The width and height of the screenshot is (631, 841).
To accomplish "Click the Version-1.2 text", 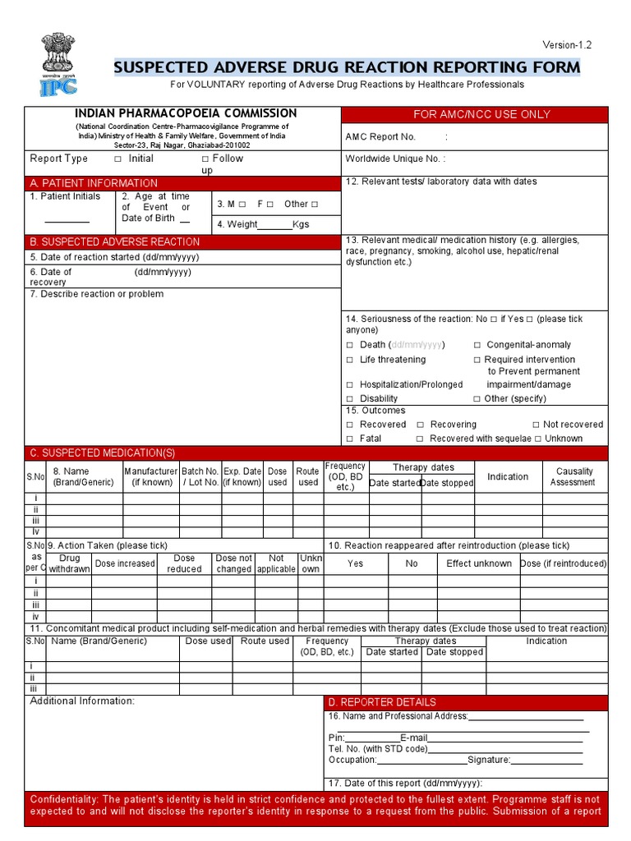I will pyautogui.click(x=566, y=44).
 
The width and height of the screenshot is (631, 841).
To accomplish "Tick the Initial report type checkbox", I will pyautogui.click(x=117, y=159).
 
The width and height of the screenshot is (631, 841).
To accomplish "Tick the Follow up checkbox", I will pyautogui.click(x=205, y=159).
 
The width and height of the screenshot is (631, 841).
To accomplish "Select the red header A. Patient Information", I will pyautogui.click(x=93, y=183).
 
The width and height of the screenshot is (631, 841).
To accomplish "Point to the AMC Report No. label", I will pyautogui.click(x=380, y=137).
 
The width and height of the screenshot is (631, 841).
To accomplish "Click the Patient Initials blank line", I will pyautogui.click(x=67, y=221).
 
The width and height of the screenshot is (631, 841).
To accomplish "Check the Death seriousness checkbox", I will pyautogui.click(x=350, y=345).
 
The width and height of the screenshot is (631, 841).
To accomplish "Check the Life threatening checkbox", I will pyautogui.click(x=350, y=360).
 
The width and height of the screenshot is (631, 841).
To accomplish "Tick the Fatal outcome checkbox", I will pyautogui.click(x=350, y=439).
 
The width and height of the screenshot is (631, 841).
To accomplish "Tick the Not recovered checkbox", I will pyautogui.click(x=536, y=425).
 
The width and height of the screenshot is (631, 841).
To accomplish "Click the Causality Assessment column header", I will pyautogui.click(x=574, y=476).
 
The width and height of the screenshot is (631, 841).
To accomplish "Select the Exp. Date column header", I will pyautogui.click(x=242, y=476).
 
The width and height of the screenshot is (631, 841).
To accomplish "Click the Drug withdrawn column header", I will pyautogui.click(x=70, y=563).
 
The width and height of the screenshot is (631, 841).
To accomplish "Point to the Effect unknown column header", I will pyautogui.click(x=478, y=563).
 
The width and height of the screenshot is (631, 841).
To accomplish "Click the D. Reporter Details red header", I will pyautogui.click(x=382, y=702).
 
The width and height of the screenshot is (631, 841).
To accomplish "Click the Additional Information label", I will pyautogui.click(x=82, y=701).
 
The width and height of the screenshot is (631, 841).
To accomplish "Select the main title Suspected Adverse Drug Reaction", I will pyautogui.click(x=347, y=67).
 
